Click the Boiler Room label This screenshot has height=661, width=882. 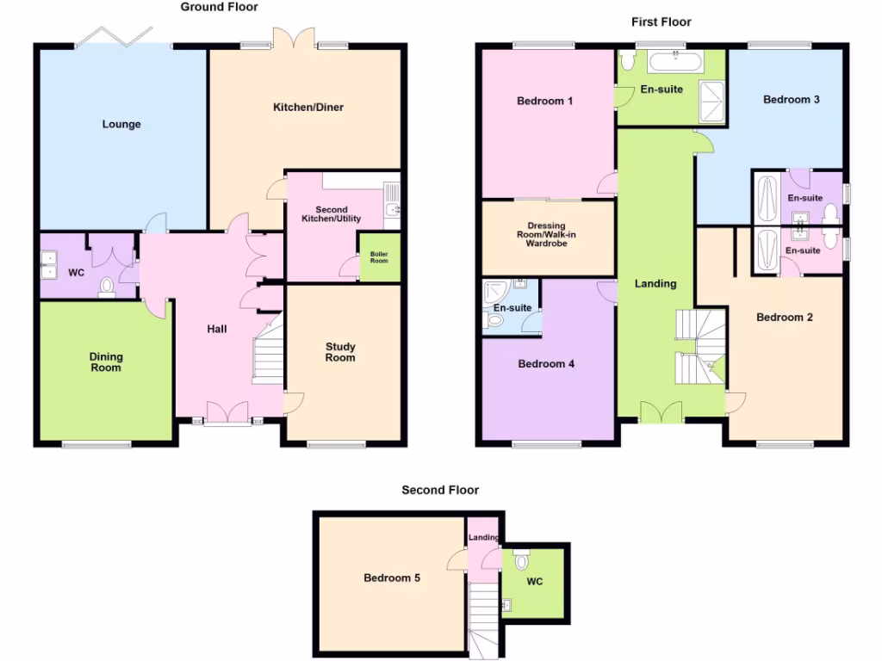click(x=379, y=256)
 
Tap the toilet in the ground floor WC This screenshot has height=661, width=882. click(x=107, y=287)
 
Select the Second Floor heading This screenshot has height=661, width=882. click(x=439, y=490)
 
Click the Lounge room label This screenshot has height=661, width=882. click(x=121, y=124)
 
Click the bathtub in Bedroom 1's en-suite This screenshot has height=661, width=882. click(x=675, y=60)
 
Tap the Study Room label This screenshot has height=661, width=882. click(x=340, y=352)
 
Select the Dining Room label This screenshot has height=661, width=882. click(x=106, y=362)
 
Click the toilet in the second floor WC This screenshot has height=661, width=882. click(x=519, y=561)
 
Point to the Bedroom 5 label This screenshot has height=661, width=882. click(x=392, y=578)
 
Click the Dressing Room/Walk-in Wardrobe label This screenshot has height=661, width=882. click(x=548, y=234)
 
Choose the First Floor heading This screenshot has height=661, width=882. click(x=661, y=22)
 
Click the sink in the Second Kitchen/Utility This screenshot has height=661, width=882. click(x=393, y=208)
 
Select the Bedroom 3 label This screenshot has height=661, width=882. click(x=792, y=99)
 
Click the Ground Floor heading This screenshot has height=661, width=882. click(x=219, y=7)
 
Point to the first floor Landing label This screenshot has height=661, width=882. click(x=655, y=283)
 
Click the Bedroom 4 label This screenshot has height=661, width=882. click(x=546, y=363)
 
